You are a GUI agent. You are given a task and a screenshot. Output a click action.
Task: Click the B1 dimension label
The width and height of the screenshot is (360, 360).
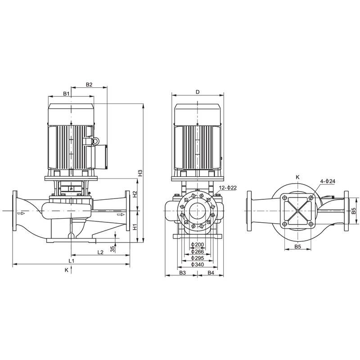(66, 93)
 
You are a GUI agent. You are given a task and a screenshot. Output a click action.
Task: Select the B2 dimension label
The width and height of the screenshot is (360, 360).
(89, 85)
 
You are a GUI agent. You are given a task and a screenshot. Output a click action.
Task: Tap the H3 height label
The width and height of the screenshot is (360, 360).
(140, 173)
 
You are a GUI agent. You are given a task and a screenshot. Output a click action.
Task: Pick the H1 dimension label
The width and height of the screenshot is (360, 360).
(135, 227)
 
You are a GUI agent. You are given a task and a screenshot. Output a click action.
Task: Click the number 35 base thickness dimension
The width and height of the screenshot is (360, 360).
(112, 247)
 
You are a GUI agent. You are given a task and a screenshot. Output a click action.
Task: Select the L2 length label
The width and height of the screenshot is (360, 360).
(101, 252)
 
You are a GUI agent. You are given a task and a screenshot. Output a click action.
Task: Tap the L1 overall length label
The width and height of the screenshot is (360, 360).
(71, 261)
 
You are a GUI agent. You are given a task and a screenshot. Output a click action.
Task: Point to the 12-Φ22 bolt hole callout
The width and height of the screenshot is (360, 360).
(228, 187)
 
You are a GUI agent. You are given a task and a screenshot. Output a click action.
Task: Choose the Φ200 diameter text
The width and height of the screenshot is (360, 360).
(197, 244)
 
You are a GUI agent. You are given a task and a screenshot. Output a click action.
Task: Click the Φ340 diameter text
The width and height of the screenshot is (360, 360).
(197, 264)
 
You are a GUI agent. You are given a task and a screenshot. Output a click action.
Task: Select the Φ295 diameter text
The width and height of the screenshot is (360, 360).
(197, 258)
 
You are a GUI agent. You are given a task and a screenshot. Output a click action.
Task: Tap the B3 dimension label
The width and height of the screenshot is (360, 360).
(182, 273)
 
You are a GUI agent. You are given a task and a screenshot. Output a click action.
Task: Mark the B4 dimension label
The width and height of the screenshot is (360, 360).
(211, 273)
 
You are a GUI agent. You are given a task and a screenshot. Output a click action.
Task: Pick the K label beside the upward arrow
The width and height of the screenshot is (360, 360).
(66, 270)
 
